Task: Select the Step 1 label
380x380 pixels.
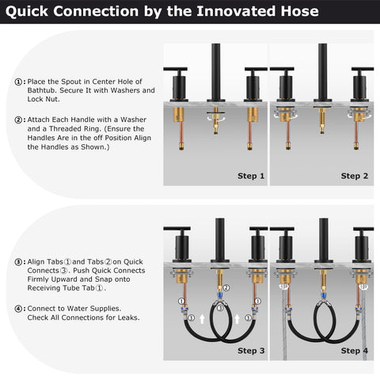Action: [251, 176]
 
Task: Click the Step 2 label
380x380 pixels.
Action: [355, 176]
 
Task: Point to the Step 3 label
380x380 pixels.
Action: [251, 351]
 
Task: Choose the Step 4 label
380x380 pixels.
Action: [355, 351]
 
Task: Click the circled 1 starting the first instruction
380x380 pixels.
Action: [18, 82]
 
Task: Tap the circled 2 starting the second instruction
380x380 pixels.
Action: [18, 120]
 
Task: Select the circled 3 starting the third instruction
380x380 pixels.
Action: [18, 262]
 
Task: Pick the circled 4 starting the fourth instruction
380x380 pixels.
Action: [18, 309]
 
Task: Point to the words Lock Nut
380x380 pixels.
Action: [44, 99]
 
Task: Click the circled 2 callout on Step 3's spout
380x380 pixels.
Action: [226, 287]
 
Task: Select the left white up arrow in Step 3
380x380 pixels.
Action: [202, 319]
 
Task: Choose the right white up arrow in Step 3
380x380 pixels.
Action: [237, 319]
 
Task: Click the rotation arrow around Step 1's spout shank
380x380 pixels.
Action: [216, 117]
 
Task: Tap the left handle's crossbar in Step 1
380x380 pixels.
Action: [176, 69]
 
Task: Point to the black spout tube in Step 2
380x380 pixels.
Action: [322, 72]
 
